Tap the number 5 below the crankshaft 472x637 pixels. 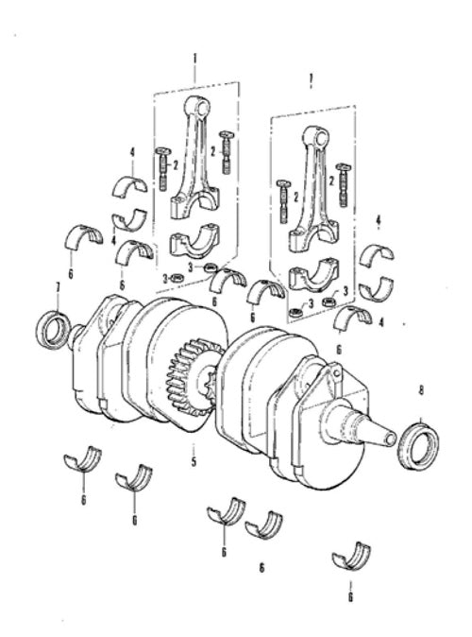pos(194,461)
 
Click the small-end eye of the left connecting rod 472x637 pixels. pos(199,107)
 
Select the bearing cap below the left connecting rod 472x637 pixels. pos(194,240)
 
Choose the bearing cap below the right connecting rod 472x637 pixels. pos(313,275)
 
